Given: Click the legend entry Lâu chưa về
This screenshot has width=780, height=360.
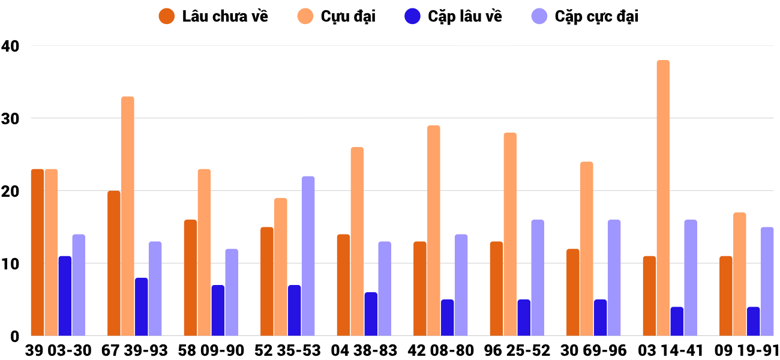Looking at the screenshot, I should tap(214, 16).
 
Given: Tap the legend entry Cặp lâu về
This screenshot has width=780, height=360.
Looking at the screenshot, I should tap(453, 16).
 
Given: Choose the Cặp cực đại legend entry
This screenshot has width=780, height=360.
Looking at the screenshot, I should tap(584, 16).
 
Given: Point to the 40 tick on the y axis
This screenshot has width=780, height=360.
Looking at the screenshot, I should tap(11, 46).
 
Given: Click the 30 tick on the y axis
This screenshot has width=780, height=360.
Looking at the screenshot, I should tap(11, 118).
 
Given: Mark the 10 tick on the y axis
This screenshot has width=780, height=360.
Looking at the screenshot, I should tap(11, 263).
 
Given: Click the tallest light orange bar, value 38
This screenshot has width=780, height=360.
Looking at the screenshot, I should tap(663, 198).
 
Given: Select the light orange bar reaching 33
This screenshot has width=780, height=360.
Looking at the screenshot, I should tap(128, 216).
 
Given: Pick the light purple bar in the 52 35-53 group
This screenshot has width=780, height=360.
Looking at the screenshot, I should tap(308, 256).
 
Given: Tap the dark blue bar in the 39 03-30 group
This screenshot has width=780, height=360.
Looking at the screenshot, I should tap(65, 296).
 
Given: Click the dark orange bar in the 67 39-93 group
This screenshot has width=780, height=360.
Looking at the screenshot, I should tap(114, 263).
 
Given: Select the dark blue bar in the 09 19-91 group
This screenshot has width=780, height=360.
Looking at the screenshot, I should tap(753, 322).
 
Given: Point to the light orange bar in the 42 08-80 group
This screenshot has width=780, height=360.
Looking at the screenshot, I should tap(434, 230).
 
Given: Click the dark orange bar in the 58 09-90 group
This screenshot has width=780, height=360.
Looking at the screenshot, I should tap(190, 278).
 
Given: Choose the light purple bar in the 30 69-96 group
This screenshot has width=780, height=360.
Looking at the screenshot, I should tap(614, 278).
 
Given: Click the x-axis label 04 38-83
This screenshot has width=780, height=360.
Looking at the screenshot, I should tap(364, 350).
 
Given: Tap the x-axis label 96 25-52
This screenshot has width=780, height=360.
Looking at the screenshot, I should tap(517, 350).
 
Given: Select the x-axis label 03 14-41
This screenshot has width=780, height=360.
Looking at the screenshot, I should tap(670, 350).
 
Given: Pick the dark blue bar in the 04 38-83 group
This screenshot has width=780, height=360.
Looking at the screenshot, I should tap(371, 314).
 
